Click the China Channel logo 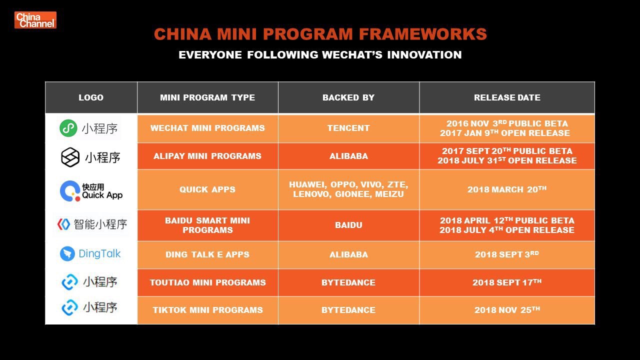pyautogui.click(x=35, y=20)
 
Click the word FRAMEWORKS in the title pyautogui.click(x=423, y=34)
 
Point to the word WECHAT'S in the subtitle pyautogui.click(x=352, y=54)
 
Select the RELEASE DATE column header pyautogui.click(x=507, y=97)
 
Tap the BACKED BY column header pyautogui.click(x=348, y=97)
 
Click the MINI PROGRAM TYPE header pyautogui.click(x=207, y=97)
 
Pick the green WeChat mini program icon pyautogui.click(x=68, y=128)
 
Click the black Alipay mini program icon pyautogui.click(x=70, y=157)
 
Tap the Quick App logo pyautogui.click(x=91, y=191)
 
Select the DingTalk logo pyautogui.click(x=90, y=253)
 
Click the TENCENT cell pyautogui.click(x=348, y=128)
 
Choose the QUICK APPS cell pyautogui.click(x=207, y=189)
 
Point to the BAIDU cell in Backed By pyautogui.click(x=348, y=225)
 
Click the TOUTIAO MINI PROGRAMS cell pyautogui.click(x=207, y=282)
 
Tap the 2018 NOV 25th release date pyautogui.click(x=507, y=309)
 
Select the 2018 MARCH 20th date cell pyautogui.click(x=507, y=189)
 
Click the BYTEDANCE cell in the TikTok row pyautogui.click(x=348, y=310)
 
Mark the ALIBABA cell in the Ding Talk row pyautogui.click(x=348, y=254)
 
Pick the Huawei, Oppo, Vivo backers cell pyautogui.click(x=348, y=189)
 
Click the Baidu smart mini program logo pyautogui.click(x=92, y=224)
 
